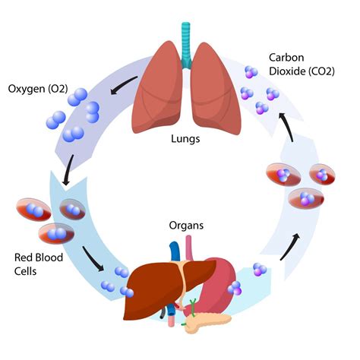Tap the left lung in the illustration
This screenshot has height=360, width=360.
pyautogui.click(x=156, y=91)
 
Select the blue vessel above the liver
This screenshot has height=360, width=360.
pyautogui.click(x=175, y=251)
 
